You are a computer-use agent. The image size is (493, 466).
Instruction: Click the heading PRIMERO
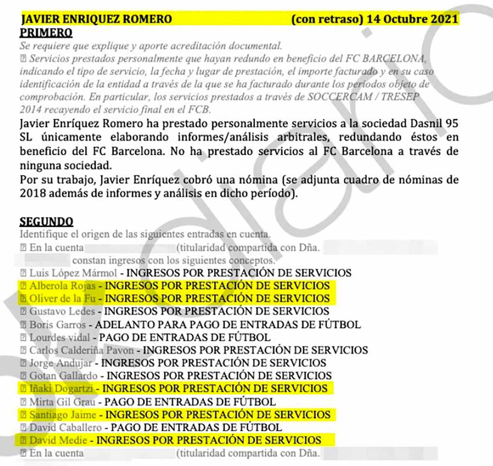click(46, 32)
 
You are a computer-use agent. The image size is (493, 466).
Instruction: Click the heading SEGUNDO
click(46, 221)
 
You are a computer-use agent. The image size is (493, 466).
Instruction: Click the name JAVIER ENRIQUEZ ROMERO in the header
click(97, 19)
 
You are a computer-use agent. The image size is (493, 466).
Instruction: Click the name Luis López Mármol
click(73, 273)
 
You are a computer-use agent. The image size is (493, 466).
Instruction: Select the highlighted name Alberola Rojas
click(62, 286)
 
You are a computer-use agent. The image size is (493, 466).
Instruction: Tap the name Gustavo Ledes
click(62, 311)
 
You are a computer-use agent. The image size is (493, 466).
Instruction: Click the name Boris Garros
click(58, 325)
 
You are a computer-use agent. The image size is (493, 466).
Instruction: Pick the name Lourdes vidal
click(60, 338)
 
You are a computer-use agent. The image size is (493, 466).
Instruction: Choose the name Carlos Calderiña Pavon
click(81, 351)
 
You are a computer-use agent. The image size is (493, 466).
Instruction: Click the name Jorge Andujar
click(60, 363)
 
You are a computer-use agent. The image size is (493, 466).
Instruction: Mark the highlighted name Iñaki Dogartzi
click(61, 389)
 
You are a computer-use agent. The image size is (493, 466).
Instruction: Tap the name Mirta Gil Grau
click(62, 401)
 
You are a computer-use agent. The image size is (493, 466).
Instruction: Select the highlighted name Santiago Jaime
click(62, 415)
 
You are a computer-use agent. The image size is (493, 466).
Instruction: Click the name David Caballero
click(65, 427)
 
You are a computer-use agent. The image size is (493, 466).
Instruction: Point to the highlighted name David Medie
click(58, 441)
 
